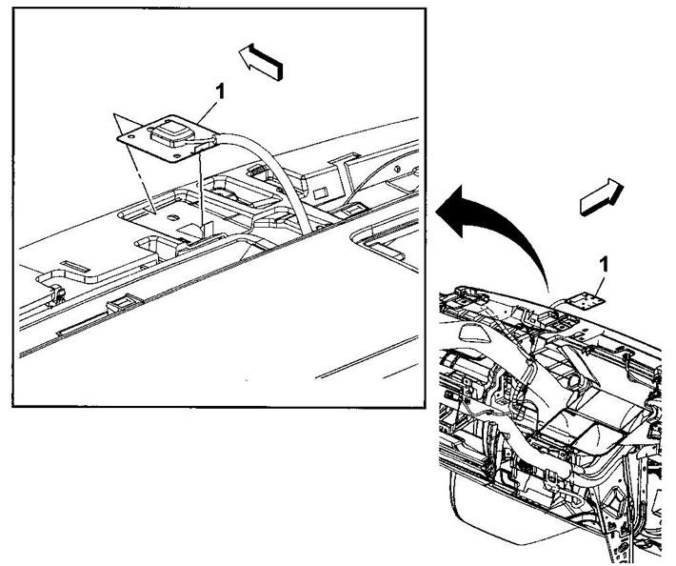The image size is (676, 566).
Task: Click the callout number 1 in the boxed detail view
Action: pos(220,91)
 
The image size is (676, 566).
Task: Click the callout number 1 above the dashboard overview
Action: pos(604,265)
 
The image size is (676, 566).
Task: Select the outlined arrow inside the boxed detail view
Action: pos(261,62)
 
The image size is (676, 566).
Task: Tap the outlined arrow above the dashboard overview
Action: pos(602,196)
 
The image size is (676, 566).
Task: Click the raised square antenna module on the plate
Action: pos(169,132)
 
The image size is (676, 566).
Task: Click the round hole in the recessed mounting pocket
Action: pos(173,217)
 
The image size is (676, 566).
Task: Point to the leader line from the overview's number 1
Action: pos(598,284)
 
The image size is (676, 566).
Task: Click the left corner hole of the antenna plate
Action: pos(131,136)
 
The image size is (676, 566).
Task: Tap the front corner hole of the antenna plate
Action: pos(176,157)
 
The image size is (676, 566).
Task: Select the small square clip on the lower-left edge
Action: pos(125,302)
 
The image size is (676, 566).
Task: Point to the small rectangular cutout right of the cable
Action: pos(320,192)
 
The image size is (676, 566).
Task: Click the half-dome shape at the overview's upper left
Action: pos(475,332)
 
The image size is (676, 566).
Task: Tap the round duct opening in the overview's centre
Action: pos(574,381)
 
